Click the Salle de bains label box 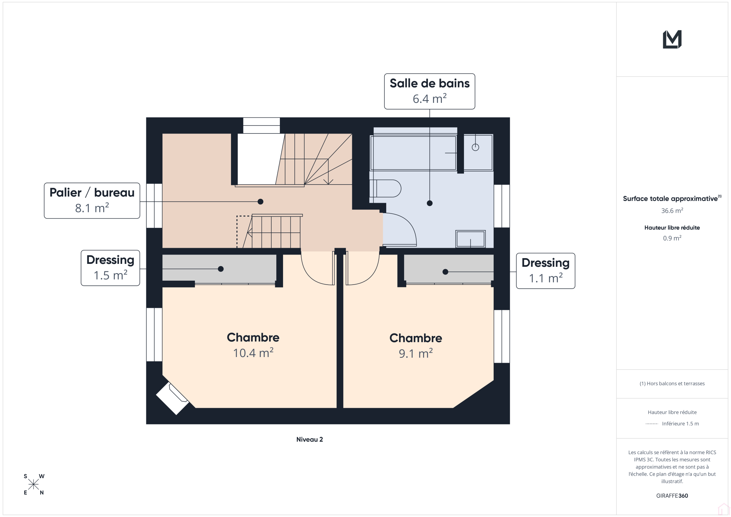coord(429,91)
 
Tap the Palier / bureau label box coord(92,201)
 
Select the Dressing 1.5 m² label coord(110,268)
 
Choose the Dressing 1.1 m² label coord(545,271)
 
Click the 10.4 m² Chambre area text coord(253,353)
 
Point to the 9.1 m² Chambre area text coord(416,353)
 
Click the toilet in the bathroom coord(385,189)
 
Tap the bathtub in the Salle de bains coord(414,153)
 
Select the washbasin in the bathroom coord(470,239)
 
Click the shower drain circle coord(475,147)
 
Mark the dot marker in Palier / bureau coord(261,202)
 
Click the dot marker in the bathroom coord(430,203)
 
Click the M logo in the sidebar coord(672,39)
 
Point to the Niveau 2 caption coord(309,440)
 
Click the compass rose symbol coord(34,485)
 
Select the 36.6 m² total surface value coord(672,211)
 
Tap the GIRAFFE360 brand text coord(672,496)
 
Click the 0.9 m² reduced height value coord(672,238)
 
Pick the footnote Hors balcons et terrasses coord(672,383)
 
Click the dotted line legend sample coord(652,424)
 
